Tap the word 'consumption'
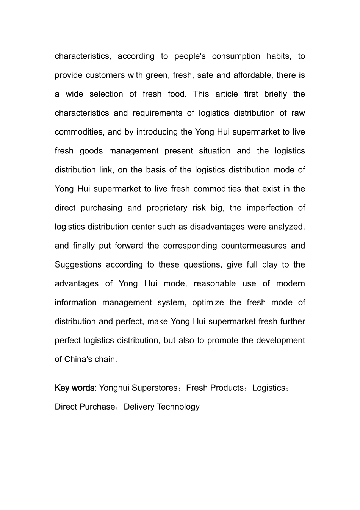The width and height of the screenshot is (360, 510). tap(236, 56)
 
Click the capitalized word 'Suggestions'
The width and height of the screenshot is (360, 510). tap(78, 264)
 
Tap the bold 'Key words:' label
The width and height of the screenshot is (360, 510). tap(76, 388)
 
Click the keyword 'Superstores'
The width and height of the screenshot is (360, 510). tap(155, 388)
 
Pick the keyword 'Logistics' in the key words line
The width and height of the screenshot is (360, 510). tap(269, 388)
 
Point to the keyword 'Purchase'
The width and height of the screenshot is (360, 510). tap(98, 407)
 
